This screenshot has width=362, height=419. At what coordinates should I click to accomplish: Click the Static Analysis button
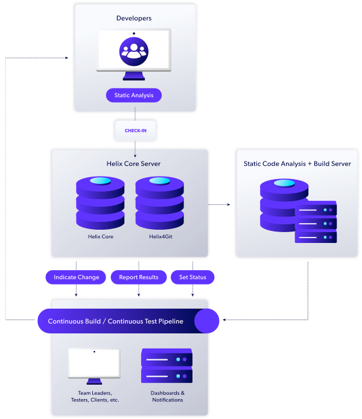[x=134, y=95]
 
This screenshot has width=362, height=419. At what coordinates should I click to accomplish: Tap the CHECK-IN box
[x=135, y=130]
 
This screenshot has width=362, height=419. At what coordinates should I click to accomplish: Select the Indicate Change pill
[x=76, y=277]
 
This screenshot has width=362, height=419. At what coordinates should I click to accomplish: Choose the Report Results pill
[x=139, y=277]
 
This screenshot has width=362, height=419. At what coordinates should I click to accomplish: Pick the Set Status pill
[x=192, y=277]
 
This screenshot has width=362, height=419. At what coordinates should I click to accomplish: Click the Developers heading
[x=134, y=18]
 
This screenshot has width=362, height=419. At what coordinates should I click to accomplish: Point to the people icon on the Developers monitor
[x=134, y=51]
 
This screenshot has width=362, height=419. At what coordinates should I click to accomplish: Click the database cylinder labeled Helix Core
[x=100, y=202]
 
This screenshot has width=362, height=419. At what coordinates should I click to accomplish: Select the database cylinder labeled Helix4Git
[x=159, y=202]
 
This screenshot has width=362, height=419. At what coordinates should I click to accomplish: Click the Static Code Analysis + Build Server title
[x=297, y=163]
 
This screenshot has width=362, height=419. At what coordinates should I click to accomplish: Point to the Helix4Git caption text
[x=159, y=237]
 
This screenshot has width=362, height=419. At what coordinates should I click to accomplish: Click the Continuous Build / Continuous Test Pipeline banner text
[x=115, y=321]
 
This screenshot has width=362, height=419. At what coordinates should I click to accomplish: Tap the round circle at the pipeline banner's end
[x=206, y=321]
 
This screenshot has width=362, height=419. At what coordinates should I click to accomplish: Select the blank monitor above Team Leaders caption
[x=94, y=364]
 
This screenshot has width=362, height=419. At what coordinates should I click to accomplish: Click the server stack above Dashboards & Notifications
[x=167, y=366]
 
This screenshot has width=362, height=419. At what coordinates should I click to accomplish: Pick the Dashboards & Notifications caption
[x=167, y=396]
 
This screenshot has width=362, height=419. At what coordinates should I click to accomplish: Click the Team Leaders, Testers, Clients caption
[x=94, y=396]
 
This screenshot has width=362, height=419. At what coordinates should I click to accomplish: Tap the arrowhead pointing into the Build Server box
[x=229, y=205]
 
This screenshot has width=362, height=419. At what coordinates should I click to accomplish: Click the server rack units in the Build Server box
[x=316, y=222]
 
